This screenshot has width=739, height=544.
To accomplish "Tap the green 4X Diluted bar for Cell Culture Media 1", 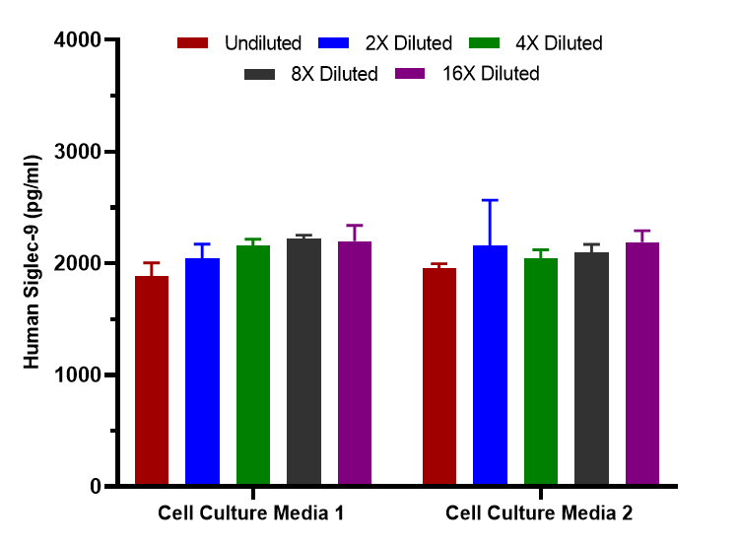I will point(253,366).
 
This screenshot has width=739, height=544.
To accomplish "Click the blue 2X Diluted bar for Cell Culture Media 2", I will point(491,366).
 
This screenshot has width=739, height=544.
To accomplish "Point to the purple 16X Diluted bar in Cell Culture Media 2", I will point(642,364).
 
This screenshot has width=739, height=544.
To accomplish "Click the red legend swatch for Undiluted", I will point(193,43).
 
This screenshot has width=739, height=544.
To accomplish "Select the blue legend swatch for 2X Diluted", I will point(336,43).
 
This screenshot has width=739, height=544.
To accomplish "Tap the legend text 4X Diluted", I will point(559,43).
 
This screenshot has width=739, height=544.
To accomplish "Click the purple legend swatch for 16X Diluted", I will point(409,74).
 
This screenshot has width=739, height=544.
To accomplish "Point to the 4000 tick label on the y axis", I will point(80,40).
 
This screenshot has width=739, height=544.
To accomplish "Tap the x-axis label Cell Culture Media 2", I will point(539,513).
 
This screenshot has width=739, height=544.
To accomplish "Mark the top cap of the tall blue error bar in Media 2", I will point(491,200).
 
